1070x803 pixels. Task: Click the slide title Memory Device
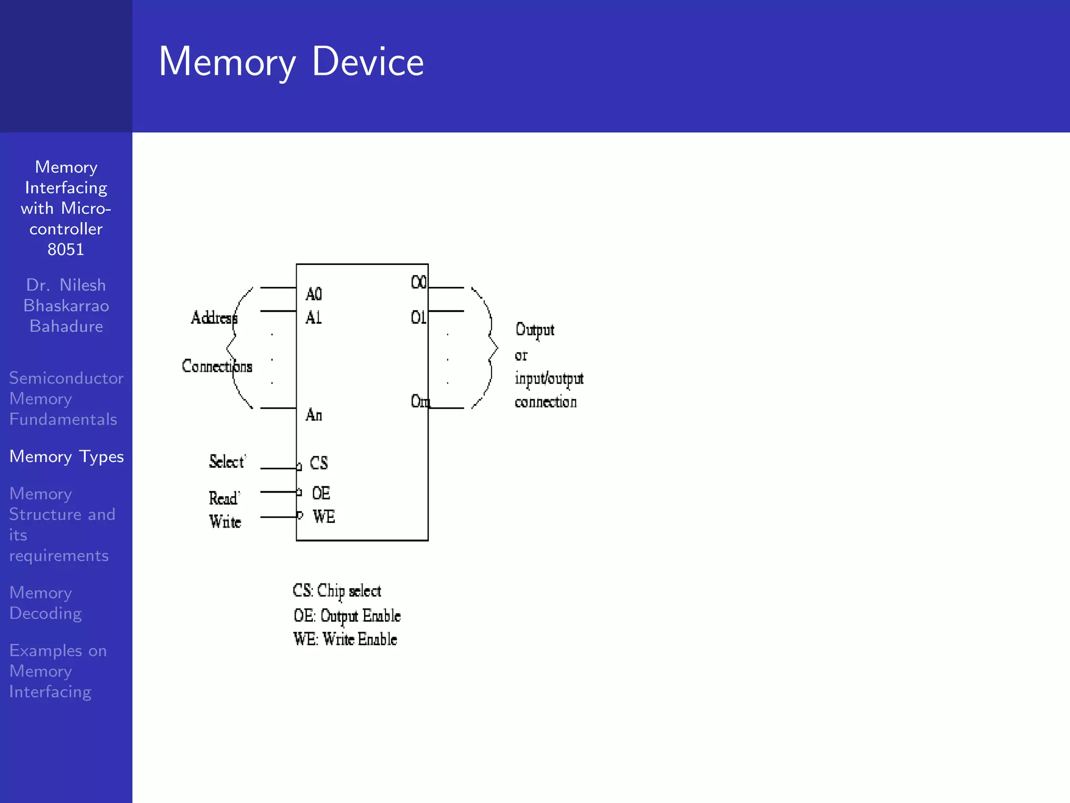[291, 62]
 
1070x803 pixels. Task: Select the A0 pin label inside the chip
[313, 294]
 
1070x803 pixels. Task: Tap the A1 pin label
[313, 317]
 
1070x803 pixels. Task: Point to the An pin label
[313, 415]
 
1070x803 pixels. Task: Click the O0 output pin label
[418, 282]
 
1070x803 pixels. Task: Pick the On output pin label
[420, 401]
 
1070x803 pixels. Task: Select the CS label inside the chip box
[319, 463]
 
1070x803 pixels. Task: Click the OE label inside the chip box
[321, 493]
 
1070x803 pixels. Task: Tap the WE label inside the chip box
[323, 517]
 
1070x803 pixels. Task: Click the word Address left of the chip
[214, 317]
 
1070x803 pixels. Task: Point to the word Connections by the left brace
[217, 366]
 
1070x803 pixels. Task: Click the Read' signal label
[224, 498]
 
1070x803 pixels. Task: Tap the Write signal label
[225, 521]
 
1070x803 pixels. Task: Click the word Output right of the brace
[534, 330]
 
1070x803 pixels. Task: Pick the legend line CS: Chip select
[337, 591]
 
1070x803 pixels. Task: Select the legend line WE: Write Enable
[345, 639]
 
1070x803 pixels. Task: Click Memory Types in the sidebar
[66, 456]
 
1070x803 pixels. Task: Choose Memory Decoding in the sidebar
[45, 603]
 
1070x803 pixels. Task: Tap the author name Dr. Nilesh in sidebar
[66, 285]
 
